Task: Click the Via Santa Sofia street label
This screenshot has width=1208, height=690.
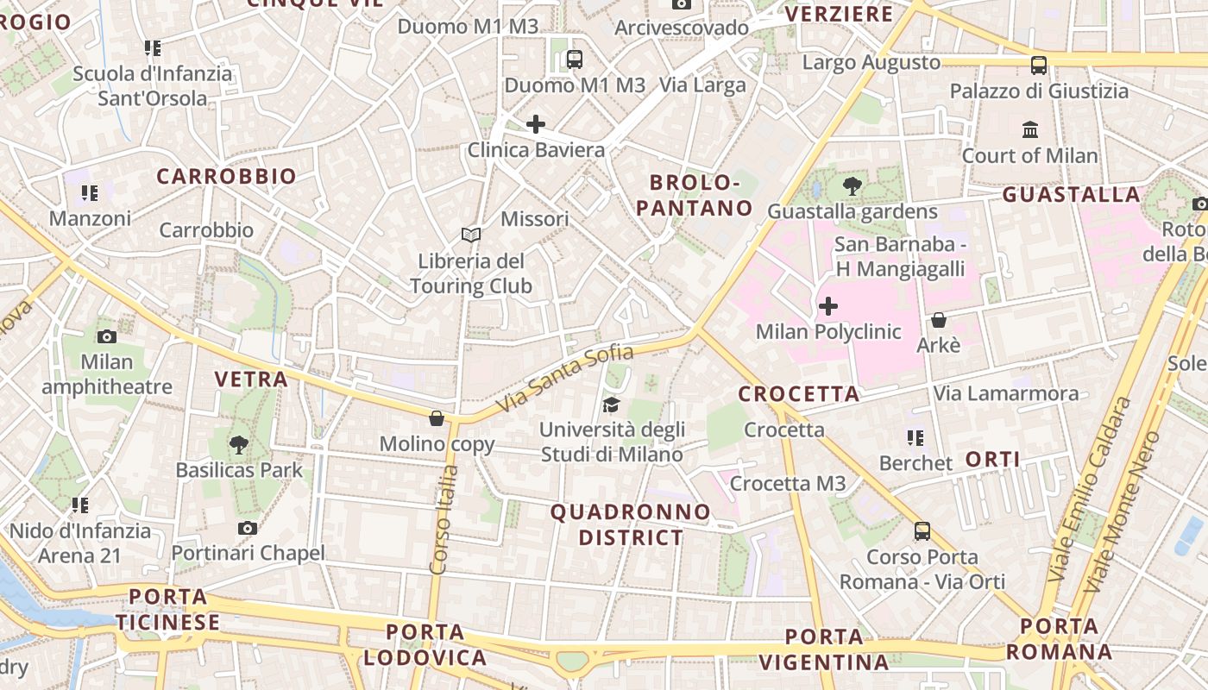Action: coord(566,378)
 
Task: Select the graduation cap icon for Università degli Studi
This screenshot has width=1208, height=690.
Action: coord(611,405)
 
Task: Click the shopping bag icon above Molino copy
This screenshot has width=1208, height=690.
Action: coord(437,418)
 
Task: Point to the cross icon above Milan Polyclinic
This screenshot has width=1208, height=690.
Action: coord(828,306)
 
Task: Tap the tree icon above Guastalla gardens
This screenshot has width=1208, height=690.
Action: coord(853,185)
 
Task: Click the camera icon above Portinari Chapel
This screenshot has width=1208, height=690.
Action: coord(248,528)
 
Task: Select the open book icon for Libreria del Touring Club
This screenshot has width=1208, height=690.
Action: coord(470,235)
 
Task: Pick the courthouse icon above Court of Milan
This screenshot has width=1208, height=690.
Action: coord(1030,130)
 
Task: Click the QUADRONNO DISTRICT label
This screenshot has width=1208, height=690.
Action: coord(631,524)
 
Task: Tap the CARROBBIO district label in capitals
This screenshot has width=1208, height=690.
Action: coord(226,176)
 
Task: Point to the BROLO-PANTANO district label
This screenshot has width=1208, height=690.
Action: coord(701,195)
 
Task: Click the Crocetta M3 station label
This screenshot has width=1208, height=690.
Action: coord(788,484)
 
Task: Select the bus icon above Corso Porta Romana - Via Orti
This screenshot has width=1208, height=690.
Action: coord(922,530)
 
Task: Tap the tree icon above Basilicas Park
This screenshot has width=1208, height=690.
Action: coord(239,445)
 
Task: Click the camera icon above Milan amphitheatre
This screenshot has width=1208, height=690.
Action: coord(107,336)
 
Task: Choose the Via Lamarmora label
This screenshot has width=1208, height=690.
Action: coord(1006,394)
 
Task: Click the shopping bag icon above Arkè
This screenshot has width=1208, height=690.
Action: coord(939,320)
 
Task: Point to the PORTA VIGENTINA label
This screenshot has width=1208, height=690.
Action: coord(825,649)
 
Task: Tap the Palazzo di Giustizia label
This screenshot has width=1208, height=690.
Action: coord(1039,91)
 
